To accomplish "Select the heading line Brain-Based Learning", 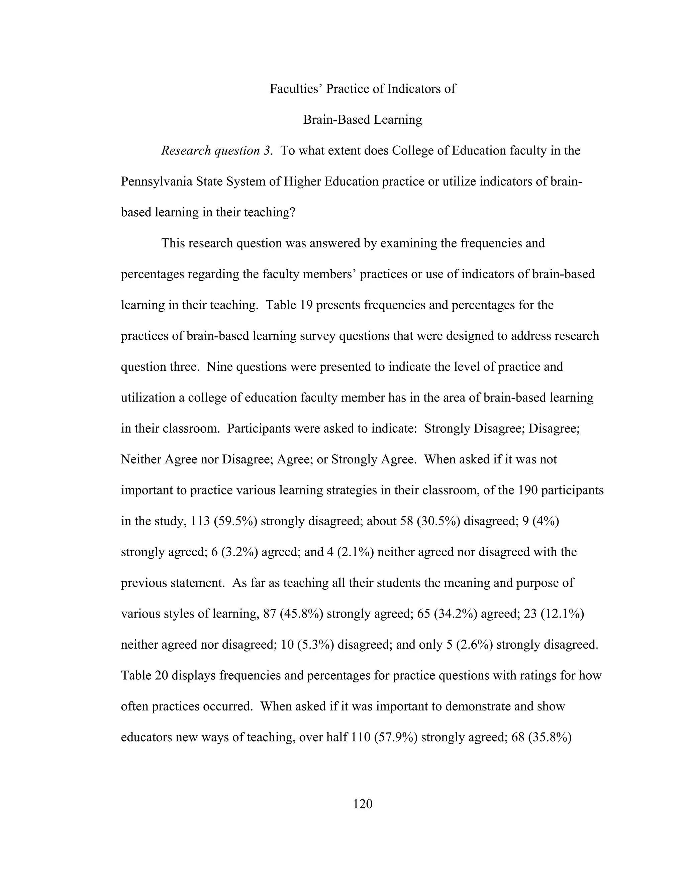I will (x=362, y=120).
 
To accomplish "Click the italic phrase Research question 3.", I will (x=217, y=150).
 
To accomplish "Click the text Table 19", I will (x=289, y=305).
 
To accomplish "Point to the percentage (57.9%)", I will (x=396, y=737).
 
